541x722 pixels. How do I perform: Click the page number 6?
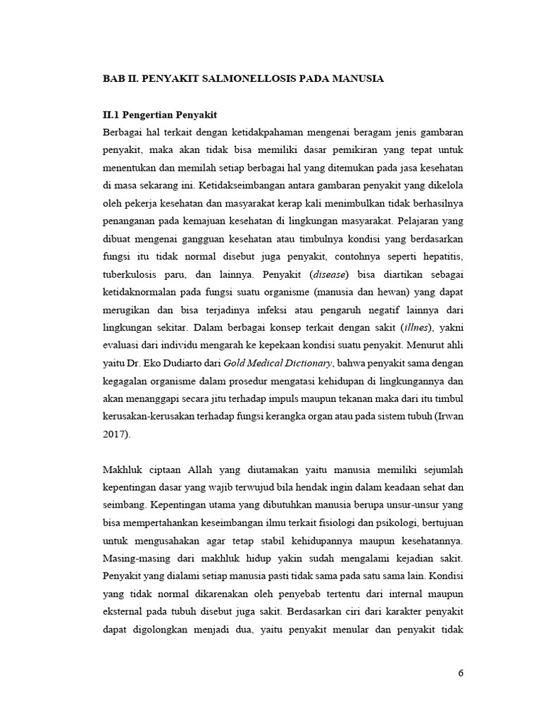click(461, 673)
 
